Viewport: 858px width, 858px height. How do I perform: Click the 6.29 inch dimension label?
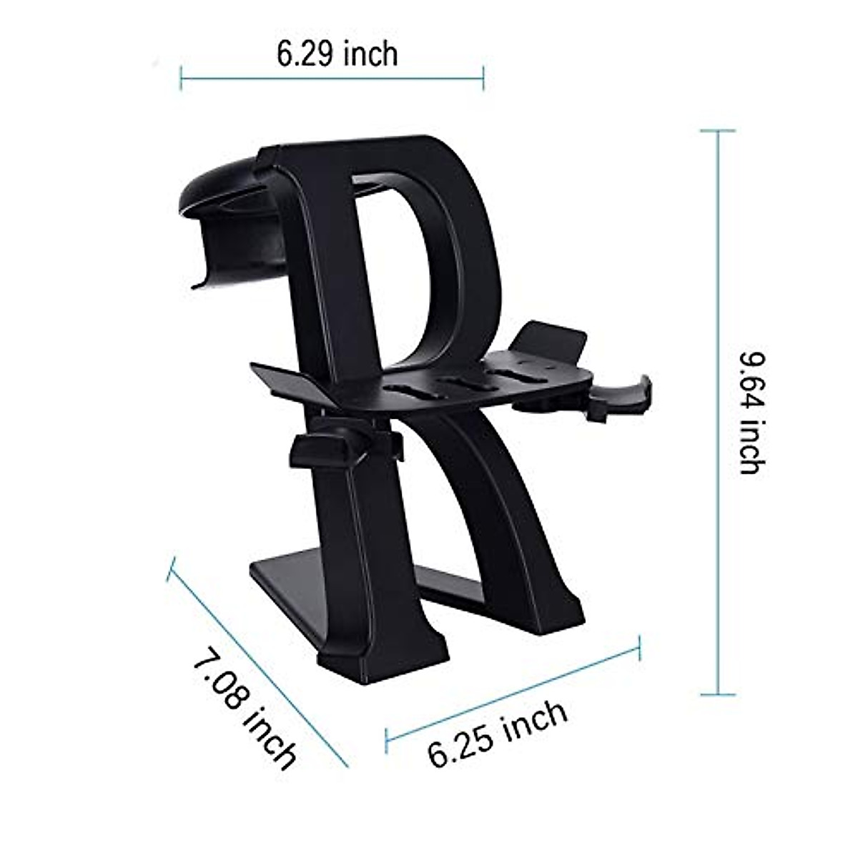coord(337,54)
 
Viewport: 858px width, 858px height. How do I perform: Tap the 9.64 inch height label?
coord(751,412)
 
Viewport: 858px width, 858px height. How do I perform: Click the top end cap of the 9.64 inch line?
coord(718,132)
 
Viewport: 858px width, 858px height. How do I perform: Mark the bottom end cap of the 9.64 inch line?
coord(718,694)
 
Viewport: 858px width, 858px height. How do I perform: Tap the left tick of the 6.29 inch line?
coord(181,78)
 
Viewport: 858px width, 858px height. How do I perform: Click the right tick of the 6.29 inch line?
coord(484,78)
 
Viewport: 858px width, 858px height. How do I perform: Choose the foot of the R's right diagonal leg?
coord(551,615)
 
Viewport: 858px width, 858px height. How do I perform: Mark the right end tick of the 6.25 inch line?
coord(639,647)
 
